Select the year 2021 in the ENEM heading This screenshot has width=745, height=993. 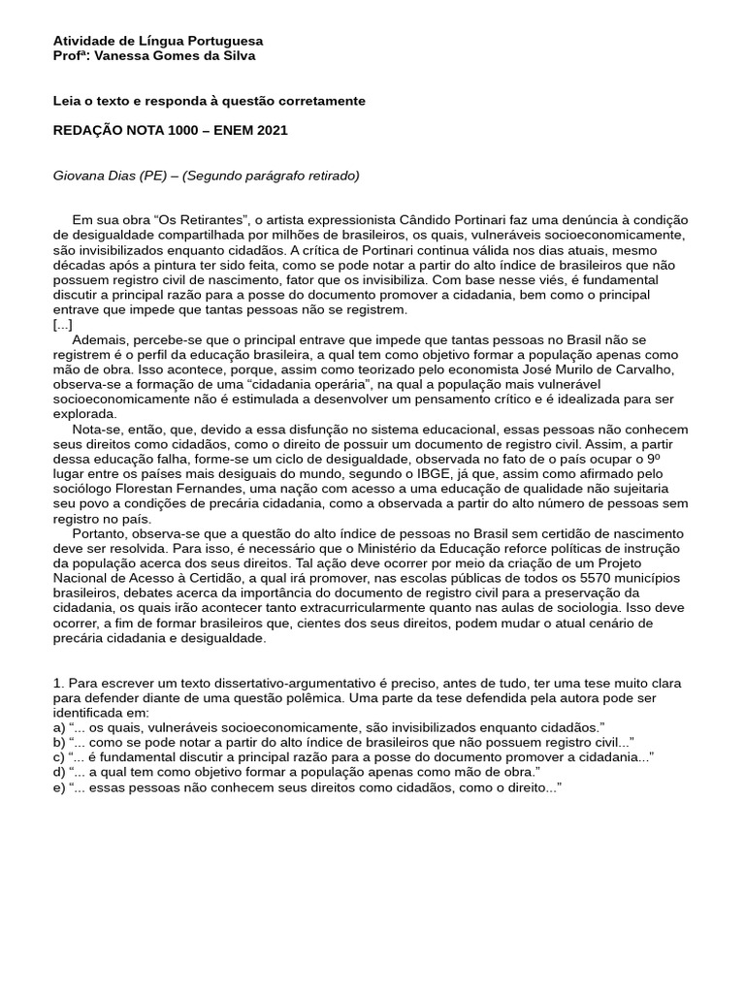click(x=272, y=130)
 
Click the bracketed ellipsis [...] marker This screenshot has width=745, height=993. click(x=62, y=324)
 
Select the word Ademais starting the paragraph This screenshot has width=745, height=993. click(x=100, y=339)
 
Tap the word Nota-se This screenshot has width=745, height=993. click(x=97, y=429)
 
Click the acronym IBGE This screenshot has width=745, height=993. click(x=441, y=473)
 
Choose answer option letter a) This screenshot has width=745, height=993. click(x=59, y=726)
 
